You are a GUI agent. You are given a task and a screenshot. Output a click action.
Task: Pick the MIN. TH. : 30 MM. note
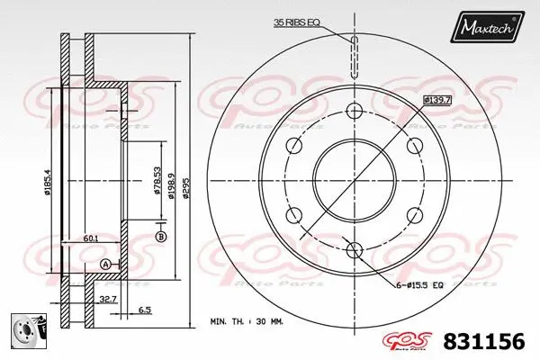tap(248, 321)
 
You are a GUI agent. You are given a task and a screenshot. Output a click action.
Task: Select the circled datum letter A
tap(106, 264)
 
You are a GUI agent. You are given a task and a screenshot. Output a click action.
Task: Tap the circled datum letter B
tap(161, 237)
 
